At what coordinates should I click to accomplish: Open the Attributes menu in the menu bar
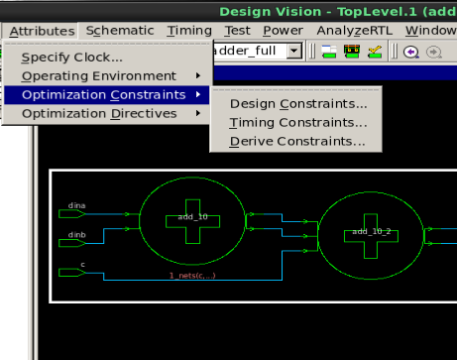(x=42, y=31)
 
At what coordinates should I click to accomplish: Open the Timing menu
(x=188, y=31)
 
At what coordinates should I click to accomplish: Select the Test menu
(x=237, y=31)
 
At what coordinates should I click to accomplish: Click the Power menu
(x=283, y=31)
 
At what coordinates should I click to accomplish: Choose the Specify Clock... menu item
(x=78, y=57)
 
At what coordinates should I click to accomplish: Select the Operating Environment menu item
(x=98, y=75)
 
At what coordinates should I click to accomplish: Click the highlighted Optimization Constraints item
(x=103, y=94)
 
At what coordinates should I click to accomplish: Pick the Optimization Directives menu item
(x=99, y=113)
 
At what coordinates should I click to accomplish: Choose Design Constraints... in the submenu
(x=297, y=103)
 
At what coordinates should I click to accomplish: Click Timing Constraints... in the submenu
(x=297, y=122)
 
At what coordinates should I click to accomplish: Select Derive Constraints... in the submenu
(x=297, y=141)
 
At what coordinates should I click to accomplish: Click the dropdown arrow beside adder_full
(x=293, y=52)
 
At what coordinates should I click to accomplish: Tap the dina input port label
(x=76, y=205)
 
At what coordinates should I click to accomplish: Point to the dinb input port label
(x=76, y=235)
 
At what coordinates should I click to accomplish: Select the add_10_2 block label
(x=366, y=231)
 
